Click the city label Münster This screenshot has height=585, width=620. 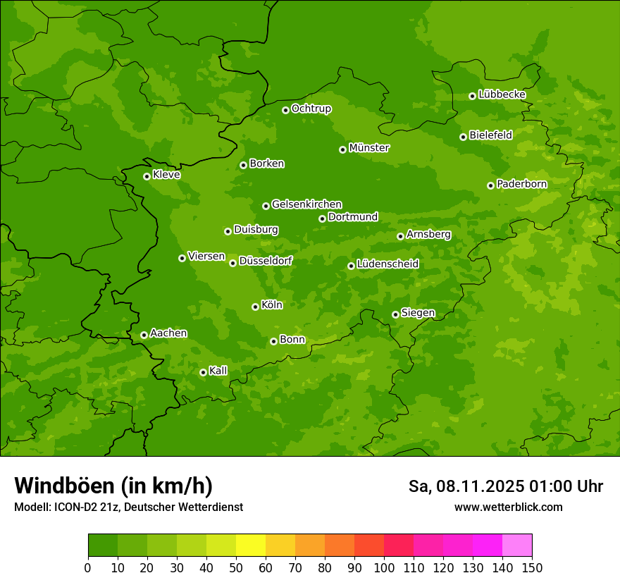tap(369, 148)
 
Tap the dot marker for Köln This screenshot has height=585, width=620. tap(255, 307)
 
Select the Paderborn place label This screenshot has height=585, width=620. tap(522, 184)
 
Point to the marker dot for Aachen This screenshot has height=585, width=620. tap(144, 335)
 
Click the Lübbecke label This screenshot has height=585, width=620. tap(502, 94)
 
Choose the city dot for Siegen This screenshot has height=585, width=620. tap(395, 314)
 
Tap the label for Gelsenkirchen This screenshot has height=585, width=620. tap(306, 204)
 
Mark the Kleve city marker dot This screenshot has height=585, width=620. tap(147, 176)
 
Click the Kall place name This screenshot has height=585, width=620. tap(218, 371)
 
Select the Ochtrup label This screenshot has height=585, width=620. tap(311, 109)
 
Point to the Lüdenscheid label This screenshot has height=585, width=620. tap(388, 264)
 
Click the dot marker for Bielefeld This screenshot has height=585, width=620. tap(463, 137)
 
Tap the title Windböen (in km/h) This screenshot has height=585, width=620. tap(113, 486)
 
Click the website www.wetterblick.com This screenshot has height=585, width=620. tap(508, 507)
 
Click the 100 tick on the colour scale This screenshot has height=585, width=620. tap(384, 567)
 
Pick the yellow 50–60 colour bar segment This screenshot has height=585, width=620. tap(251, 546)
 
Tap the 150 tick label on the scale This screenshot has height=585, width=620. tap(532, 567)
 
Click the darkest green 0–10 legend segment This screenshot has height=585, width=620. tap(103, 546)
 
